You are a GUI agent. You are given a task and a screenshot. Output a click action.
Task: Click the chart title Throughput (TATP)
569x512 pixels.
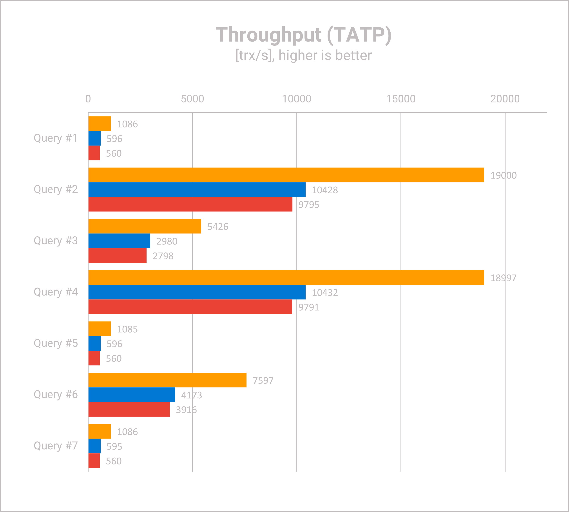tap(304, 35)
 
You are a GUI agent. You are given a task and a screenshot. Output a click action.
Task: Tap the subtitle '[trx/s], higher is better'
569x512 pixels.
tap(304, 55)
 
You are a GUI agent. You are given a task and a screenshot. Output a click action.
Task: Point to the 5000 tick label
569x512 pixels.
tap(192, 99)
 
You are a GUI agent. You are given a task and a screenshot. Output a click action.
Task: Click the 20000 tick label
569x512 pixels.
tap(505, 99)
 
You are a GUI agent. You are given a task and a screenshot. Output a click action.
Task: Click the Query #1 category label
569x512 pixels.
tap(55, 138)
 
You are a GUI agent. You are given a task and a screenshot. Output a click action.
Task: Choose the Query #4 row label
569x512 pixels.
tap(56, 292)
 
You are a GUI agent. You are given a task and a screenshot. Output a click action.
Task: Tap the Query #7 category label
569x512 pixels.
tap(56, 446)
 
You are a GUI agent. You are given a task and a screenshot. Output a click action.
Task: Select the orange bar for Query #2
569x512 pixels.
tap(286, 175)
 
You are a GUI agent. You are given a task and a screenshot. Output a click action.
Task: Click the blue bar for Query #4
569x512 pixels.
tap(197, 292)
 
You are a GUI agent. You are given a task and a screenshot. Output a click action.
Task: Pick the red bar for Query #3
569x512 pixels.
tap(118, 256)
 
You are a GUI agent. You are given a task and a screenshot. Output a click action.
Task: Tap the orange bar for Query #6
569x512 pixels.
tap(168, 380)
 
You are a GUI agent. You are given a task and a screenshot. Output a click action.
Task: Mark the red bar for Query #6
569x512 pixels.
tap(129, 410)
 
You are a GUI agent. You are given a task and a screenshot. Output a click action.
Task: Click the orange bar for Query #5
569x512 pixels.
tap(100, 329)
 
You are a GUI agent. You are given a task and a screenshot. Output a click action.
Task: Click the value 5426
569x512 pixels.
tap(217, 227)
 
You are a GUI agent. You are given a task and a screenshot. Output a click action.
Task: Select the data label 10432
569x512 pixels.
tap(325, 293)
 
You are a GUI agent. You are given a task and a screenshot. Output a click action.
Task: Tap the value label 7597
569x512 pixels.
tap(263, 381)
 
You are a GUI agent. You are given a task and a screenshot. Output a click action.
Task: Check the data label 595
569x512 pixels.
tap(114, 446)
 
